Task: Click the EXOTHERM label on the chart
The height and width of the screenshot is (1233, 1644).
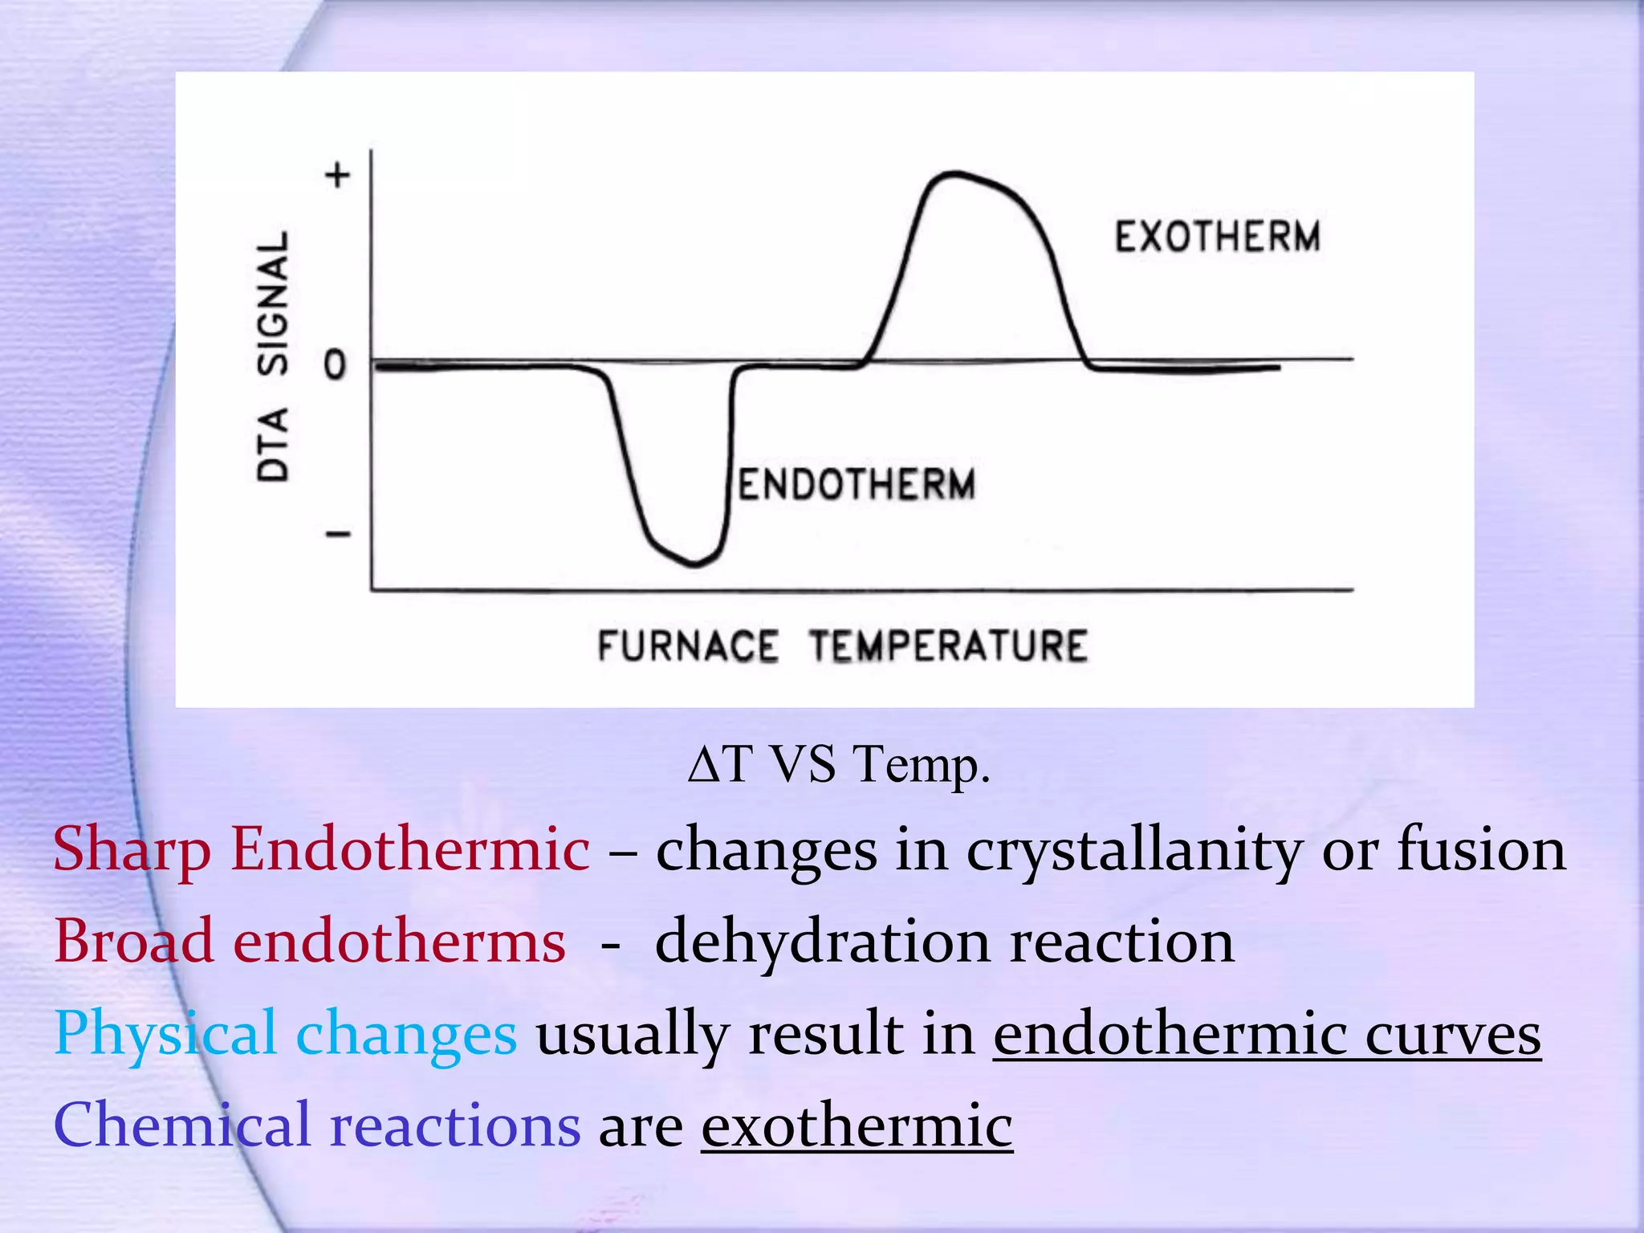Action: click(x=1217, y=237)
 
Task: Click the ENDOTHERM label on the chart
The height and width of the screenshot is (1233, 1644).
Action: click(x=857, y=484)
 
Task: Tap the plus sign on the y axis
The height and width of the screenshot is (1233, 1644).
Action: click(x=338, y=174)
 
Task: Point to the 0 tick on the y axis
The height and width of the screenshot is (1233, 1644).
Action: click(x=335, y=365)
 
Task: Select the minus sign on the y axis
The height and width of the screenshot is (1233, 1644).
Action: click(x=338, y=534)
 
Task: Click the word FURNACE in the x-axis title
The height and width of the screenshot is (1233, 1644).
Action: click(x=688, y=646)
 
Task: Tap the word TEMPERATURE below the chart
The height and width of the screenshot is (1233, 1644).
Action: click(x=948, y=646)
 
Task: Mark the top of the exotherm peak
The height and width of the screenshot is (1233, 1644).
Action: click(x=953, y=173)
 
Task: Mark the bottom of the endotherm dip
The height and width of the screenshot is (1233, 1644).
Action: click(x=694, y=564)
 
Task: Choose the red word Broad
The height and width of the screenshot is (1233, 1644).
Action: click(x=134, y=941)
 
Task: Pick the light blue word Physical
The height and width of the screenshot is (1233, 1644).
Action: click(x=165, y=1034)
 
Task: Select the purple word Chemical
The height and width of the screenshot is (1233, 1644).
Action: click(x=181, y=1125)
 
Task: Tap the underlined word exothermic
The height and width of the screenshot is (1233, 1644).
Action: click(x=857, y=1125)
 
